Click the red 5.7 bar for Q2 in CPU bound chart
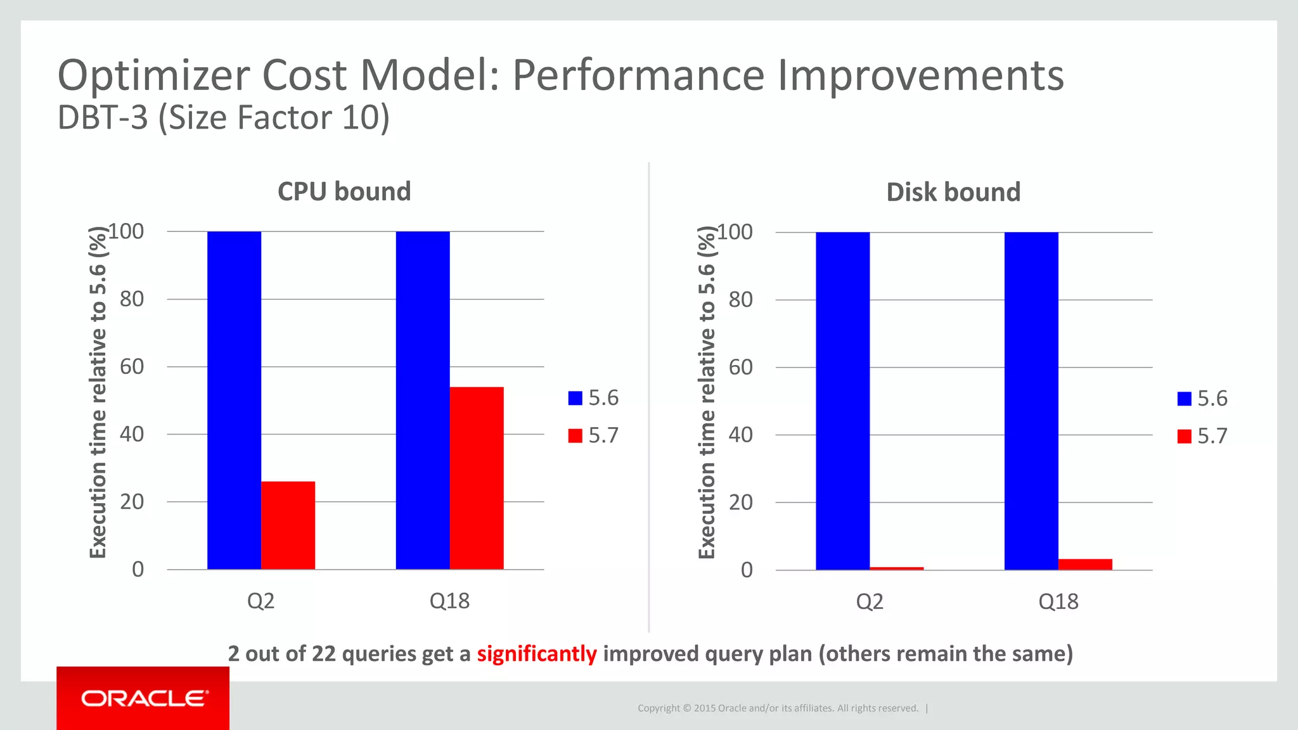[288, 525]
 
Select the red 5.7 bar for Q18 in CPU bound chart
[477, 478]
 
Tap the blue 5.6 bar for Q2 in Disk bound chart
[842, 400]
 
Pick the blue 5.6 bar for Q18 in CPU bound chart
[423, 400]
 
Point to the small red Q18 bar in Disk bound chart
[1085, 565]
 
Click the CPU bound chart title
[344, 191]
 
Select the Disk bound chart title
[953, 192]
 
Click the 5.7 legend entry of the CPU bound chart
[593, 436]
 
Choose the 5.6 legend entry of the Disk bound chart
[1202, 399]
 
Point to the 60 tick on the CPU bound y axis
[132, 366]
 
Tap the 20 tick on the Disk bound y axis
[741, 503]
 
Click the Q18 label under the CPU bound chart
[449, 601]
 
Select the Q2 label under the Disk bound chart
[870, 601]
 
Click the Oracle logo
[143, 698]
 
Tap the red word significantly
[537, 653]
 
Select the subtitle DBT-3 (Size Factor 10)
[223, 118]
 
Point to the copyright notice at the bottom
[778, 708]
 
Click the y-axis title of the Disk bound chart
[707, 393]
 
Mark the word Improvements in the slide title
[920, 75]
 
